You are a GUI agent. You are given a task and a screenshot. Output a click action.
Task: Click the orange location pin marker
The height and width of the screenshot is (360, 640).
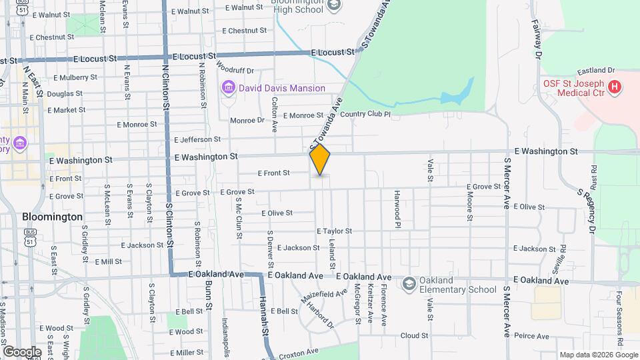[x=320, y=159]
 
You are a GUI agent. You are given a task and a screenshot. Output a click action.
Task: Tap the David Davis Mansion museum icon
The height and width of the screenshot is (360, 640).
[x=229, y=88]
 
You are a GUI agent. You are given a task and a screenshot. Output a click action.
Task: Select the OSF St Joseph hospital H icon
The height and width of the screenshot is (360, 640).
[x=615, y=87]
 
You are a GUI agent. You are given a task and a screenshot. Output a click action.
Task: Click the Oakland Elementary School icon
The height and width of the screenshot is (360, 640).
[x=407, y=285]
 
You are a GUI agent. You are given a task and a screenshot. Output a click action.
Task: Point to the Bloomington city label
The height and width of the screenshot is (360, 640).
[x=52, y=217]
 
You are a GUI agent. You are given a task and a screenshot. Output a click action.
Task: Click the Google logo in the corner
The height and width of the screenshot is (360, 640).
[x=22, y=351]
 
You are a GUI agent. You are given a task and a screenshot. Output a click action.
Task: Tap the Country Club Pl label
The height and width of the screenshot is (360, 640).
[x=365, y=115]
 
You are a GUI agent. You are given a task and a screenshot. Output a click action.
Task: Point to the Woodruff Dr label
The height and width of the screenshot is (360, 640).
[x=235, y=70]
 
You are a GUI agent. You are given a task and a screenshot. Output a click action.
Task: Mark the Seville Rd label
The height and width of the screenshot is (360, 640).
[x=563, y=257]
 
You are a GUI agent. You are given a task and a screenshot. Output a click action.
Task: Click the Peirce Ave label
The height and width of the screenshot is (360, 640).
[x=531, y=336]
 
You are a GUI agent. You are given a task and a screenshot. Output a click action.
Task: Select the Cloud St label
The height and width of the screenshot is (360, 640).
[x=414, y=336]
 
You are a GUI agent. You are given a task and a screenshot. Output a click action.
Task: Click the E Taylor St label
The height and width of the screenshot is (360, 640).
[x=335, y=231]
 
